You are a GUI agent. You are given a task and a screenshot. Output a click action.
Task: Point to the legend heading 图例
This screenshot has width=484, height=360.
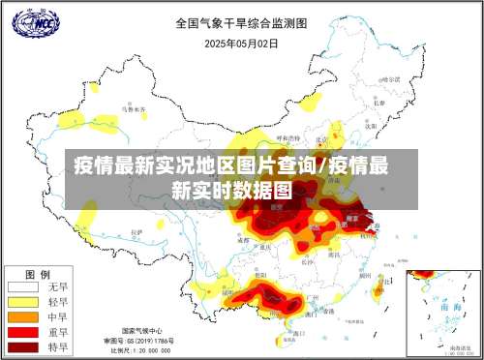37,272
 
